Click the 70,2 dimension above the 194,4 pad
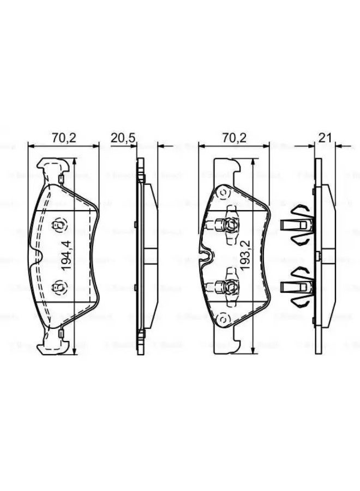[x=64, y=138]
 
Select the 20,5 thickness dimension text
[x=123, y=138]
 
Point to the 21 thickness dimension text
[x=326, y=138]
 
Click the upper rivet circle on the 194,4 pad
[x=57, y=224]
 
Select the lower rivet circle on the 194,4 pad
[x=57, y=287]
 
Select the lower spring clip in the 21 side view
[x=298, y=286]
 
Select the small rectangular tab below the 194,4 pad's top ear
[x=61, y=178]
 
